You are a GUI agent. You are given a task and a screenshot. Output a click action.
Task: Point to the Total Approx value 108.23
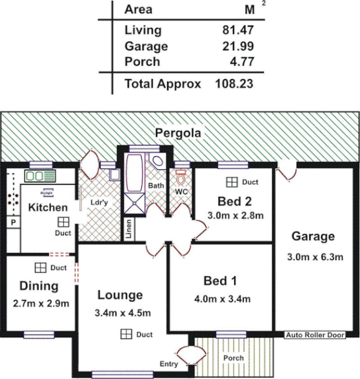pos(233,84)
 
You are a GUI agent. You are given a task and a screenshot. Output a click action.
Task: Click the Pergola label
pos(178,133)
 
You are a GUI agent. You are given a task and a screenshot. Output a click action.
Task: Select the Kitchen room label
pos(48,208)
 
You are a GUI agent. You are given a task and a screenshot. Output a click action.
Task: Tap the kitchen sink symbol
pos(41,176)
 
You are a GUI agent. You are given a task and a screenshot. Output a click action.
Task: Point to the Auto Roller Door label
pos(315,336)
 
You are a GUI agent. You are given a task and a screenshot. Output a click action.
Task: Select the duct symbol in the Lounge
pos(125,335)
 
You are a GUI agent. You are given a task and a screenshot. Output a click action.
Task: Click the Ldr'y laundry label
pos(99,203)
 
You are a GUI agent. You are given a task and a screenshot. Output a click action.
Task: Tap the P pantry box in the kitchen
pos(12,224)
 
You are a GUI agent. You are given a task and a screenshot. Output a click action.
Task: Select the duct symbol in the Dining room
pos(40,267)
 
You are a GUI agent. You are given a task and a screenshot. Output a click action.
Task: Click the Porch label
pos(233,358)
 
